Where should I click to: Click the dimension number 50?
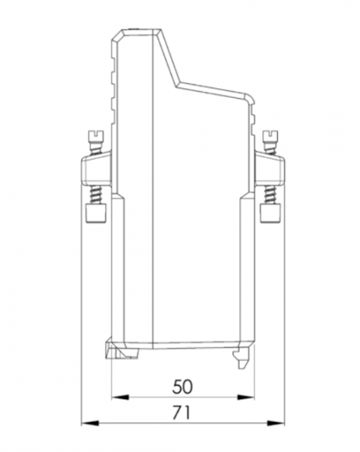tap(182, 386)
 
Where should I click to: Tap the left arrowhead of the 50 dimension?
tap(115, 397)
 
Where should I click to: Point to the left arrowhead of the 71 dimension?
tap(85, 423)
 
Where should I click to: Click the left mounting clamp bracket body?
tap(96, 169)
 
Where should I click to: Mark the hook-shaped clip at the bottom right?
tap(242, 357)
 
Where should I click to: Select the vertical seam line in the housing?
tap(153, 188)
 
